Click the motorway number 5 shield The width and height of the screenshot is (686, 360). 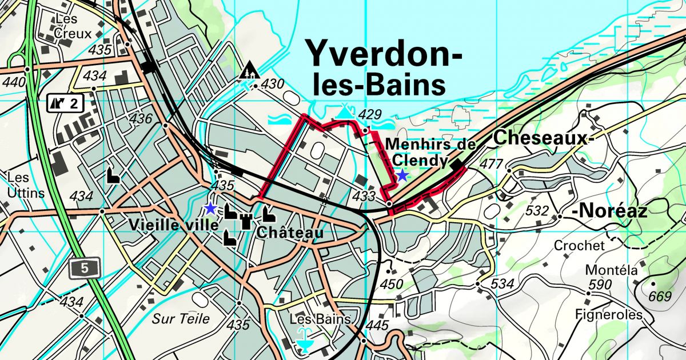(x=85, y=268)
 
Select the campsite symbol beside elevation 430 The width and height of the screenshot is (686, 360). (x=249, y=71)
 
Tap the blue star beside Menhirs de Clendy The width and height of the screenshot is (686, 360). (x=402, y=175)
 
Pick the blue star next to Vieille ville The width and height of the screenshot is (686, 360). (x=210, y=208)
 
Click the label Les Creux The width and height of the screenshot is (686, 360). (x=73, y=26)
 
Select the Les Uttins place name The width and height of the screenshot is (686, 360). (x=26, y=185)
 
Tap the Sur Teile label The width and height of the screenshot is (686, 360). (x=181, y=319)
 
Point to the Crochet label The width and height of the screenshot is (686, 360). (x=579, y=246)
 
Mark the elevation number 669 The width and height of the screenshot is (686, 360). (x=660, y=296)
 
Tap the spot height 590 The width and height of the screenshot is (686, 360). (x=600, y=285)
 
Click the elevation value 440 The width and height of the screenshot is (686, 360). (x=14, y=82)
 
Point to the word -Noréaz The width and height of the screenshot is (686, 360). (x=611, y=212)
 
